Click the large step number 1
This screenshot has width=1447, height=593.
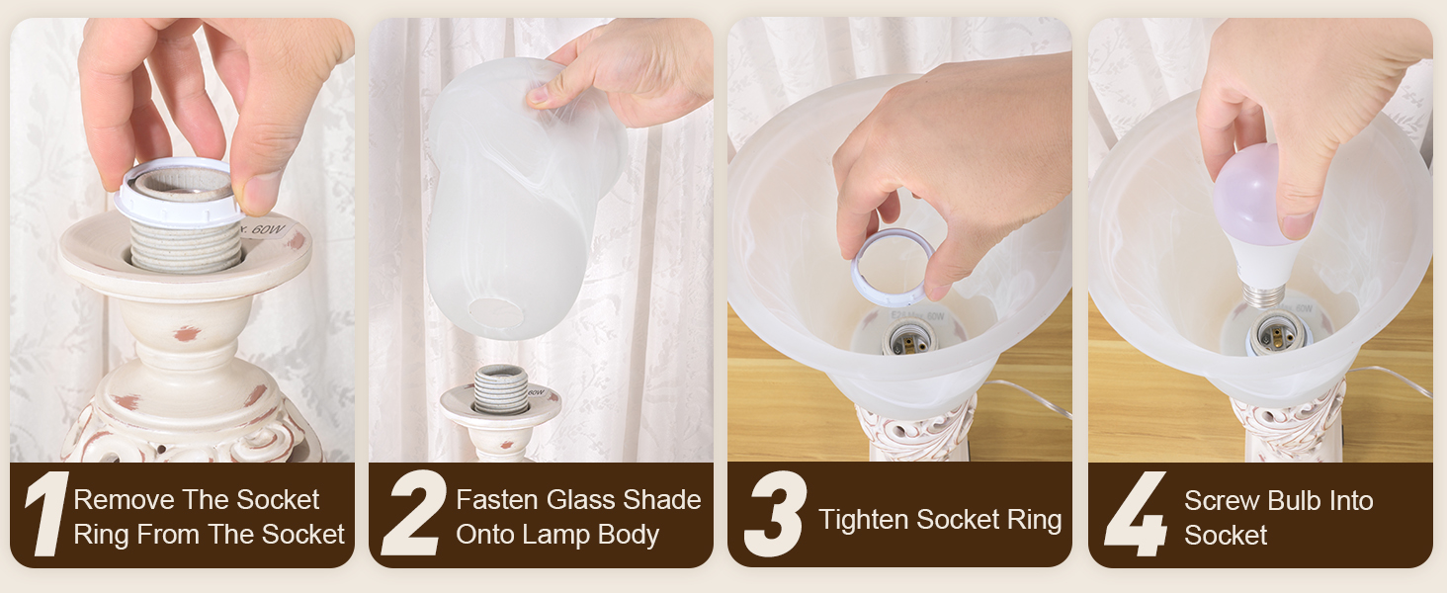coord(43,515)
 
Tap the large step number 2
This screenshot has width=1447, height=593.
coord(414,515)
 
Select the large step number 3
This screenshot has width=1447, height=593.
coord(775,516)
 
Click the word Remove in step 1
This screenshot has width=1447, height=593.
coord(125,500)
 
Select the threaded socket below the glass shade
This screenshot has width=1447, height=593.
coord(500,386)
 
